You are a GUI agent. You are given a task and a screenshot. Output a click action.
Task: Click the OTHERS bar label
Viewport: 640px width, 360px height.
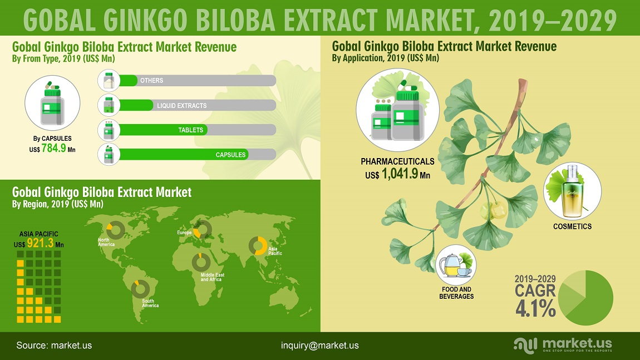(x=151, y=81)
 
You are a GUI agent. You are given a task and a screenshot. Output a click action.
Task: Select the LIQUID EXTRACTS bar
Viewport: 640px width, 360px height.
(x=136, y=105)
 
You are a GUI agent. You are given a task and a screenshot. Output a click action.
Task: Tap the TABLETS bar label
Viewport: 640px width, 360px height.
(x=191, y=130)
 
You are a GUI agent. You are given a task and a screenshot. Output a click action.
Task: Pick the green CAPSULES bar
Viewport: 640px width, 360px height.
(x=184, y=154)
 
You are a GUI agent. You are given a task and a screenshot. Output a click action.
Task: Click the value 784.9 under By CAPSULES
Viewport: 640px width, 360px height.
(x=53, y=148)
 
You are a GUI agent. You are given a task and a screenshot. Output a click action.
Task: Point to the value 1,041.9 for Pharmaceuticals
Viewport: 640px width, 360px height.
(x=400, y=174)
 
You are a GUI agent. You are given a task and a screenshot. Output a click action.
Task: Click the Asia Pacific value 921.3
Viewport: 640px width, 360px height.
(x=40, y=243)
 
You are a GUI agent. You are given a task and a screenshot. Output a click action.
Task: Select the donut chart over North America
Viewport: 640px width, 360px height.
(x=116, y=230)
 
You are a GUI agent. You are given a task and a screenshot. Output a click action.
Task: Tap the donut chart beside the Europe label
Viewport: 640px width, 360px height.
(x=202, y=229)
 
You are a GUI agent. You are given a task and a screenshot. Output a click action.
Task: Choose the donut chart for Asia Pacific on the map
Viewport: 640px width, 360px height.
(x=258, y=246)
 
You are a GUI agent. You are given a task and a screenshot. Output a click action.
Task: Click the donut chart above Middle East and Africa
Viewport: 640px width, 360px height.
(x=201, y=262)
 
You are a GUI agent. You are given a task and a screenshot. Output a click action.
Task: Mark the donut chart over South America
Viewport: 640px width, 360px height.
(x=140, y=289)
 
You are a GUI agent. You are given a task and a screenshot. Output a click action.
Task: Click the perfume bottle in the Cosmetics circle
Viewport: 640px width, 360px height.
(x=573, y=190)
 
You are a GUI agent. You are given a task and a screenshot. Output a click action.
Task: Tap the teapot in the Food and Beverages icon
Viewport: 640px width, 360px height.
(x=449, y=266)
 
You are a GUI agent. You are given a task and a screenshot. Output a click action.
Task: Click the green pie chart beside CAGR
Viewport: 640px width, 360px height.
(x=585, y=298)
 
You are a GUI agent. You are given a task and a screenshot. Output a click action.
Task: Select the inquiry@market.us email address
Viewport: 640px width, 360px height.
(x=319, y=346)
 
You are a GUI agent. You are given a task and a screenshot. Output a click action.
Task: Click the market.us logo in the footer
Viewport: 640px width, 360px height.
(x=563, y=346)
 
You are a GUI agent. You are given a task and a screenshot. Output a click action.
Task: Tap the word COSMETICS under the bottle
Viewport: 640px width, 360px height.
(x=572, y=226)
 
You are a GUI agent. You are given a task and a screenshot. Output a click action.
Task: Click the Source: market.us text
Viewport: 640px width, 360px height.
(x=54, y=346)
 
